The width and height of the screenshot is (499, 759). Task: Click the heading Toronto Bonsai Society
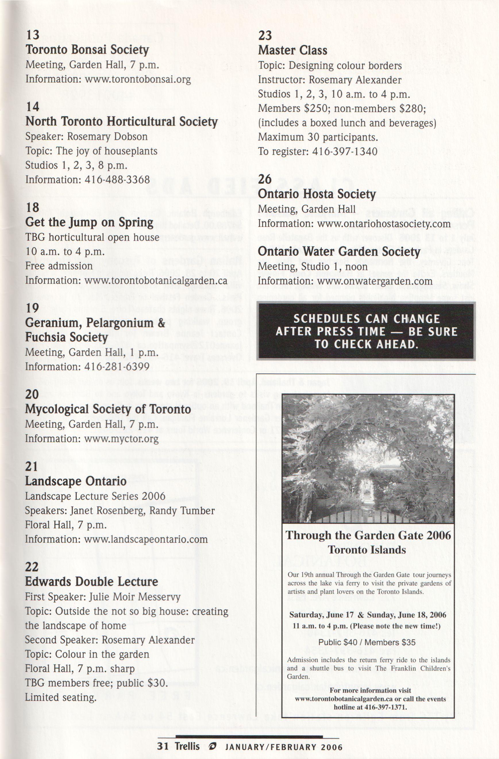(87, 50)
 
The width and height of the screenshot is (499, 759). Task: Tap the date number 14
(32, 107)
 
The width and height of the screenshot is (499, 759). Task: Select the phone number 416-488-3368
(117, 180)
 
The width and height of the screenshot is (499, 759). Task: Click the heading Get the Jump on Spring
(89, 222)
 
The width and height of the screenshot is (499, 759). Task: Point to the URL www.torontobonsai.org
(137, 79)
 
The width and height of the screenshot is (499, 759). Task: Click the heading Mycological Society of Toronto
(108, 409)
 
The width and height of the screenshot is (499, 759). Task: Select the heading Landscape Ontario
(76, 481)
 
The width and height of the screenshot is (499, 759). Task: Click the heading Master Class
(292, 50)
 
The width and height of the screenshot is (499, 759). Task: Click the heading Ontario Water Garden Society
(339, 252)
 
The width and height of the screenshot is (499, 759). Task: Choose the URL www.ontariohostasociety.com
(384, 224)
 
